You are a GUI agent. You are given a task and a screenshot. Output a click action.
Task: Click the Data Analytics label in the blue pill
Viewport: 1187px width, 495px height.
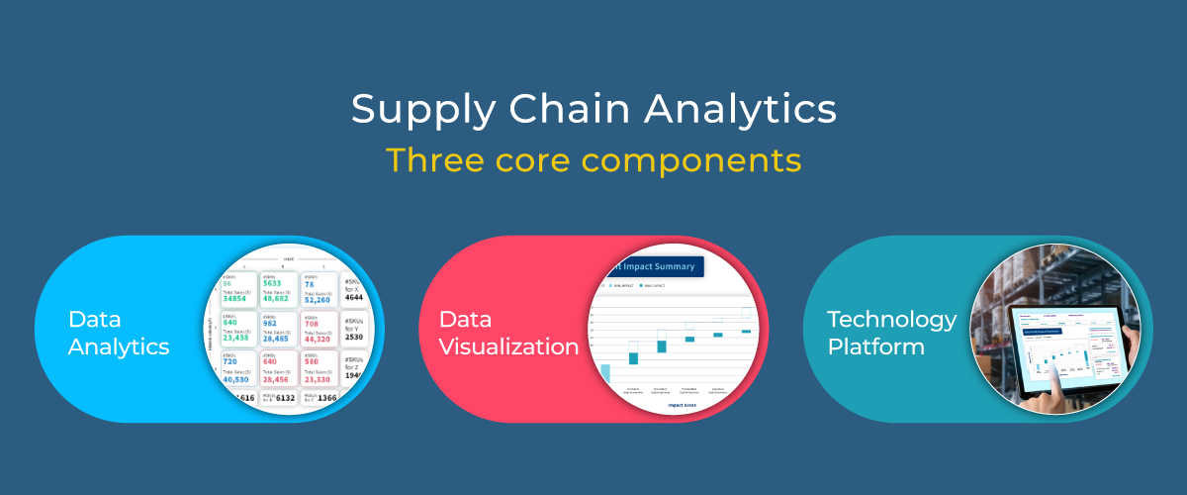click(x=119, y=333)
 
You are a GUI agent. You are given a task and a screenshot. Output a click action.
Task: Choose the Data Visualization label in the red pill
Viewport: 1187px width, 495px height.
click(x=508, y=333)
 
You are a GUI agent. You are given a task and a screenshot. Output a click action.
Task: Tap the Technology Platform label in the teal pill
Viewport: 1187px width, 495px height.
click(x=891, y=333)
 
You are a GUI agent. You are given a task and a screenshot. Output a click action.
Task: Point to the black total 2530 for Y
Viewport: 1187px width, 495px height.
click(x=356, y=337)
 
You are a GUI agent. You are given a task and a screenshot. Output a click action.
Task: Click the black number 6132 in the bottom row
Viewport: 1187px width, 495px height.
click(x=284, y=398)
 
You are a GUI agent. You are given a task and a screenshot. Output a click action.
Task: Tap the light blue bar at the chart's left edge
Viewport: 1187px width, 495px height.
click(x=604, y=373)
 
